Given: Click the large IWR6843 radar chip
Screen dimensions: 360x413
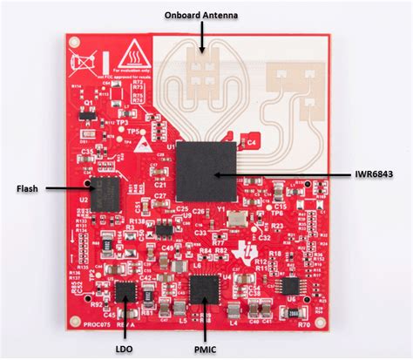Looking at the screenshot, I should (206, 170).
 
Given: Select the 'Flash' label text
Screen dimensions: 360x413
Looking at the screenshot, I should (30, 187).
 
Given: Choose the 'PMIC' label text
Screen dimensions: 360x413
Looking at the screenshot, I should (206, 348).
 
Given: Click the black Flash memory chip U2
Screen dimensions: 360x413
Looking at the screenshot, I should (106, 194).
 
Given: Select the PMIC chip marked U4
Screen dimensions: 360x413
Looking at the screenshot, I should (206, 287).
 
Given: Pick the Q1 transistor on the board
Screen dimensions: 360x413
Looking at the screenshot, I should (87, 114).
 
